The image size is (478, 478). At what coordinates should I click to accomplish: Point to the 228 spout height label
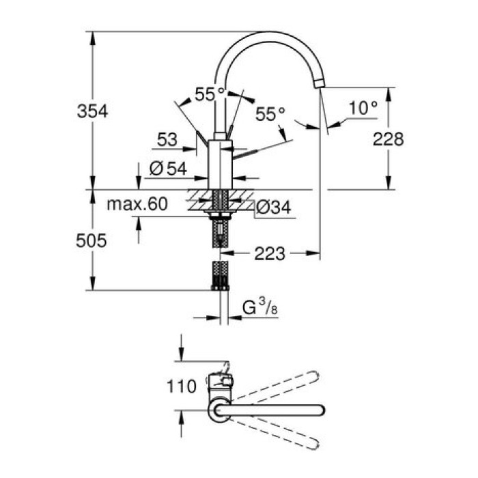tap(389, 139)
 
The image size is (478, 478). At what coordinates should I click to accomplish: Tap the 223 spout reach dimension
tap(270, 254)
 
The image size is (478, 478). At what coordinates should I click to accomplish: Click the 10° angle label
tap(363, 107)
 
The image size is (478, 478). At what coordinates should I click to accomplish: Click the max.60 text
tap(137, 203)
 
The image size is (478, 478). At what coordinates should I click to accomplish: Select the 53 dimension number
tap(167, 139)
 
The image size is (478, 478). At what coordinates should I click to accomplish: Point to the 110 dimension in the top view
tap(181, 386)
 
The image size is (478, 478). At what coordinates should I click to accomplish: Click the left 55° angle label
tap(210, 94)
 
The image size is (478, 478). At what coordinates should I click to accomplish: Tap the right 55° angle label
tap(270, 114)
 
